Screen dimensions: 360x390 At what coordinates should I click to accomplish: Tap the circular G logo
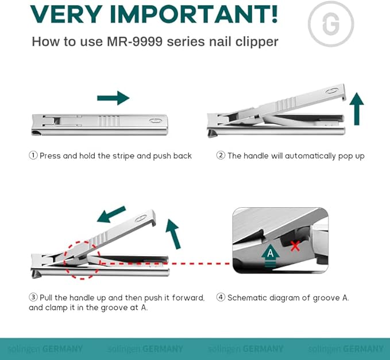click(x=331, y=24)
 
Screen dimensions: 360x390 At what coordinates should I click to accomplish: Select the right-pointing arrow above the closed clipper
click(x=113, y=98)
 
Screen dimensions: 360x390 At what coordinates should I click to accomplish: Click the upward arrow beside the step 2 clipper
click(x=357, y=109)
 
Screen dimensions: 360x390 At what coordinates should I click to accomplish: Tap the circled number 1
click(x=33, y=156)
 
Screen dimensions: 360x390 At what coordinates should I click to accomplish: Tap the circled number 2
click(x=221, y=156)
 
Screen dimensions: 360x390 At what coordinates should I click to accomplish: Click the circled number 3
click(x=33, y=297)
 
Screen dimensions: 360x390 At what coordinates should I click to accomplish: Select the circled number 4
click(x=221, y=297)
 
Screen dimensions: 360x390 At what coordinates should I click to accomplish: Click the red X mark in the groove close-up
click(x=295, y=246)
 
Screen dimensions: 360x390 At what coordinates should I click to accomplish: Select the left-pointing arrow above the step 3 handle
click(x=111, y=214)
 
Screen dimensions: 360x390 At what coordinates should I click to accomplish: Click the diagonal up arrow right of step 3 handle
click(x=173, y=233)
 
